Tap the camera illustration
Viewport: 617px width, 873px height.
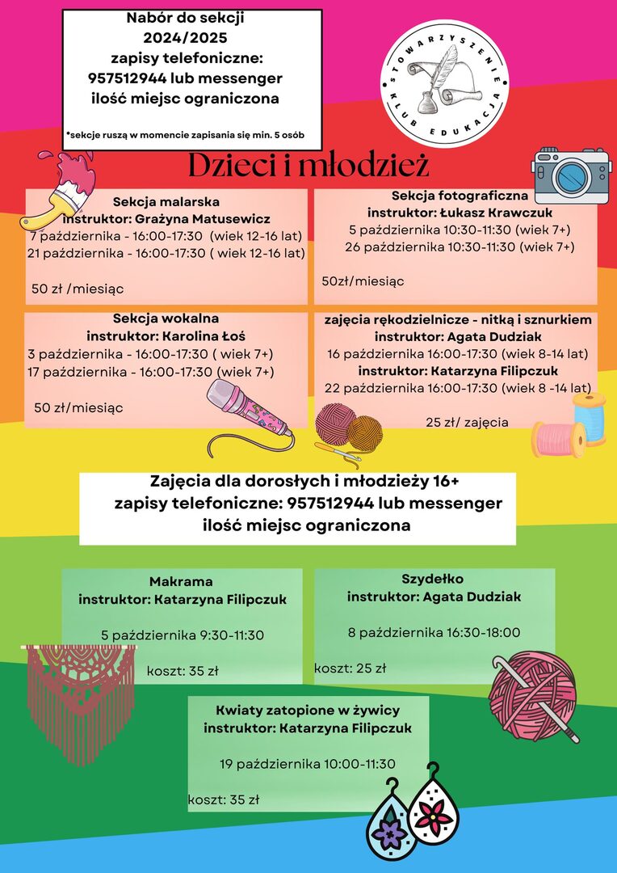click(571, 175)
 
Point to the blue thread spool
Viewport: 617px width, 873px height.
click(590, 419)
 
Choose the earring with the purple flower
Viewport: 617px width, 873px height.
click(392, 826)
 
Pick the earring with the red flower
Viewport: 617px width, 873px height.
click(434, 808)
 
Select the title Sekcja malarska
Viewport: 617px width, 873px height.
click(166, 201)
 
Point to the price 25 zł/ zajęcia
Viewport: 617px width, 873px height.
click(467, 422)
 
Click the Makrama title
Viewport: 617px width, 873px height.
click(181, 582)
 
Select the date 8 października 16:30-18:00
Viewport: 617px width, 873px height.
click(434, 632)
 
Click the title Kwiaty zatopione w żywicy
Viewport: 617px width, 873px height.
click(308, 711)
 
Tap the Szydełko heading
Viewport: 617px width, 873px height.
click(433, 579)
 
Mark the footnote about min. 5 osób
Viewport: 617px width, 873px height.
click(185, 134)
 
